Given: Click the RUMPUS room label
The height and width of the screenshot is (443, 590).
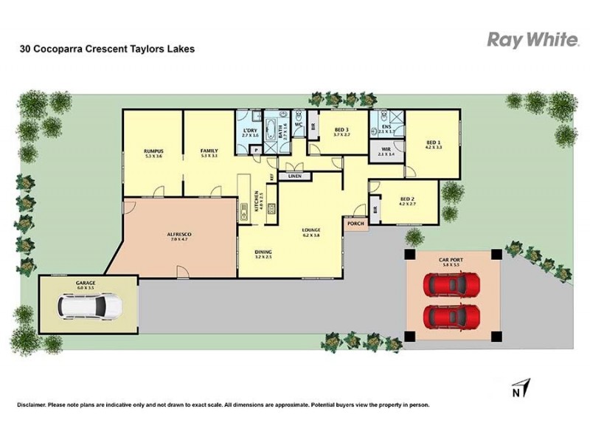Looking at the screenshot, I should (x=153, y=151).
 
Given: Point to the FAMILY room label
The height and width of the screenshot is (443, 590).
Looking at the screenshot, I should (x=209, y=151).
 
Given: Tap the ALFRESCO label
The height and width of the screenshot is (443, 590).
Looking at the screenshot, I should (x=180, y=235).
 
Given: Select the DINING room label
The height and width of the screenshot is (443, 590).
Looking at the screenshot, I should (x=263, y=252).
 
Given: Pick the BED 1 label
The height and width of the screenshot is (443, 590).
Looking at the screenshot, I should (x=433, y=142).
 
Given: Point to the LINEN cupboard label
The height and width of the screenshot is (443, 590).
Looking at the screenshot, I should (x=295, y=176).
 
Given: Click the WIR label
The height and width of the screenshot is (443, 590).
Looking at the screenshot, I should (x=386, y=149).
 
